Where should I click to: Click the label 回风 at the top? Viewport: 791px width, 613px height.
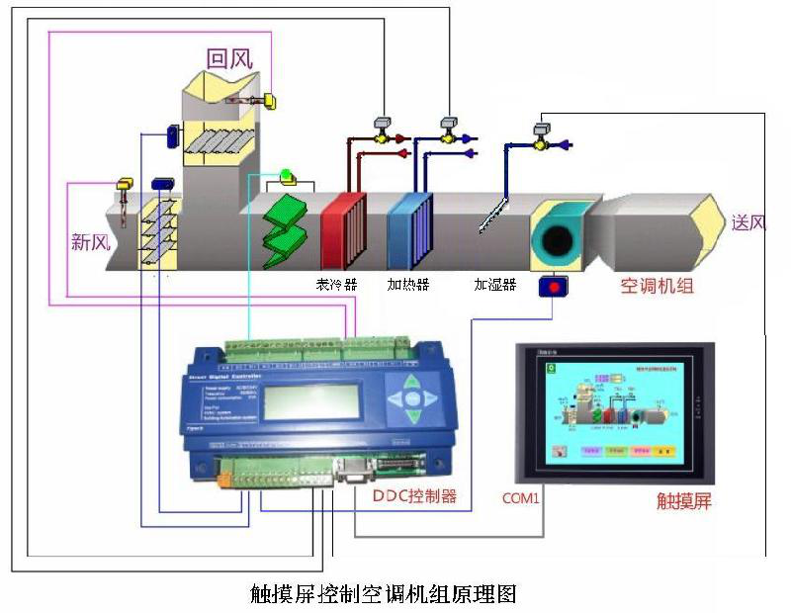(229, 58)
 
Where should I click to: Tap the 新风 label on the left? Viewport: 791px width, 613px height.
(89, 241)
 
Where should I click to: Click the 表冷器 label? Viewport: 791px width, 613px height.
(336, 285)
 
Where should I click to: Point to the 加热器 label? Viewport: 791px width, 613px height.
(407, 285)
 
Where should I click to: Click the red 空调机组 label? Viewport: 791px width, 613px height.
(657, 287)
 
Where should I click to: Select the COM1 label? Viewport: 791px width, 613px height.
(520, 498)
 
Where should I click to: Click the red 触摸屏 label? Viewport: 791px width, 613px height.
(684, 500)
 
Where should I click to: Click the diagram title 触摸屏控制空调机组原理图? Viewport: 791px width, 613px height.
(384, 594)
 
